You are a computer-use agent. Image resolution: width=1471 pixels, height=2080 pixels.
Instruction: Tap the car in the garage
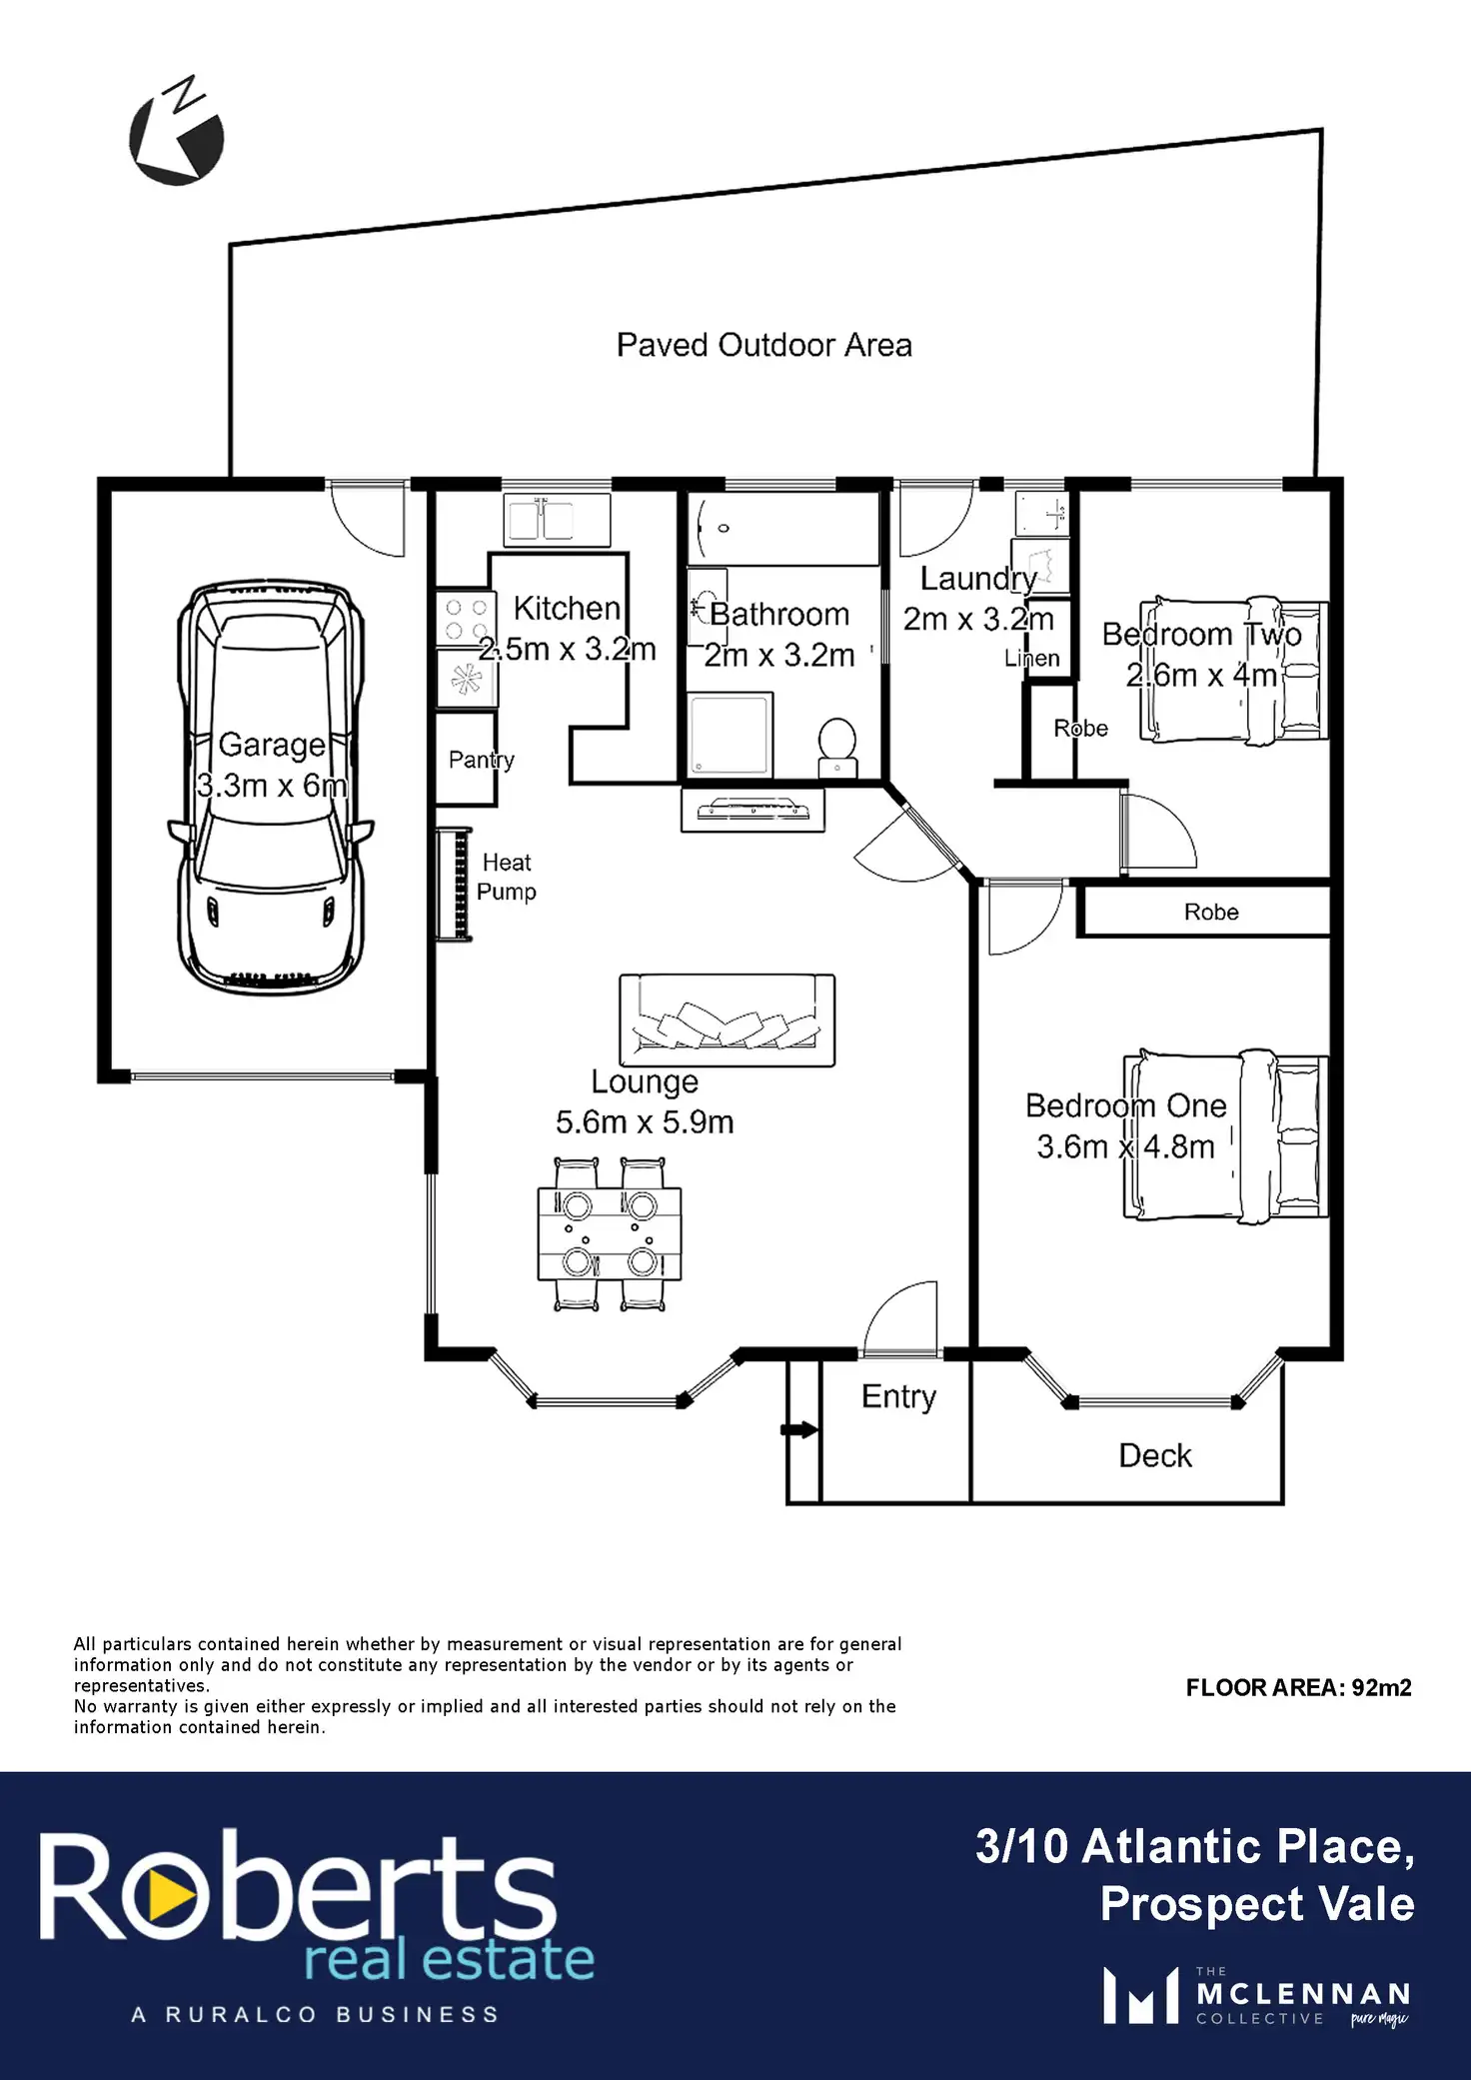[270, 790]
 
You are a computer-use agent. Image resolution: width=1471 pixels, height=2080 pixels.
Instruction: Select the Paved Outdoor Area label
[763, 346]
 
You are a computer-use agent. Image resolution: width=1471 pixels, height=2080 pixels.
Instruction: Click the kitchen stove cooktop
[466, 619]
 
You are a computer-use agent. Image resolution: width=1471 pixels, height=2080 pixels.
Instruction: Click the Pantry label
[481, 761]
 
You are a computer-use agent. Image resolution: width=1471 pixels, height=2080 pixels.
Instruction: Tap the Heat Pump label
[507, 877]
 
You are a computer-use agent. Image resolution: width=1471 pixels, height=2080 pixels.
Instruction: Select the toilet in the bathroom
[836, 747]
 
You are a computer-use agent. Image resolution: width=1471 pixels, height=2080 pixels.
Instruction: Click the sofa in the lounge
[727, 1021]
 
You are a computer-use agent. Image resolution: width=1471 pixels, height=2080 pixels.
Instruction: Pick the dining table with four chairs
[609, 1233]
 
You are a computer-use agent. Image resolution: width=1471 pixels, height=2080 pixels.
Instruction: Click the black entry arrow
[798, 1430]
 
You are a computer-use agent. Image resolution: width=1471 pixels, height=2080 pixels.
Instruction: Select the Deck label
[1154, 1456]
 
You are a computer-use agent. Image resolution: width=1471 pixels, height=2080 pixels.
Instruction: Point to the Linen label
[1031, 659]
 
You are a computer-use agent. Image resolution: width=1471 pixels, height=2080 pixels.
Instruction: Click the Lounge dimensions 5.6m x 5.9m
[645, 1122]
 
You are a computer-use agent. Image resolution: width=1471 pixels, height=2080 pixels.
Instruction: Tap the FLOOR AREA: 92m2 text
[1298, 1688]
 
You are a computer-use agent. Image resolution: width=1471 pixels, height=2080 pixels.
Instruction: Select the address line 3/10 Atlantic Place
[1194, 1846]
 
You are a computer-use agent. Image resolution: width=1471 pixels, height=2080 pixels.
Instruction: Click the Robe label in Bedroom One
[1211, 913]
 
